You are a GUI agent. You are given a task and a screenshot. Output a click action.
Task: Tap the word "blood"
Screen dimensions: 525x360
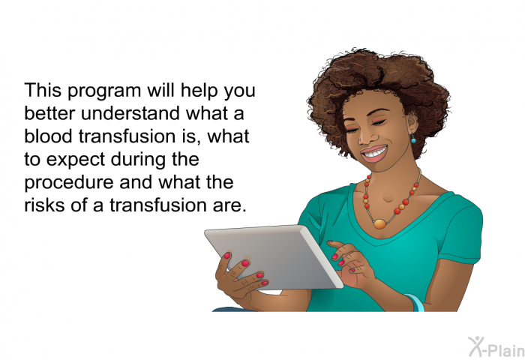(48, 136)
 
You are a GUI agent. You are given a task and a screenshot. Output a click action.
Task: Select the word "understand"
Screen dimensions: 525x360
(131, 113)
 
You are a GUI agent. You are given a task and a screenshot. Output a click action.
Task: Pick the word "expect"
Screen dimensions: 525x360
(76, 160)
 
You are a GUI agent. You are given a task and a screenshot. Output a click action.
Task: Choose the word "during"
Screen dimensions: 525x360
(138, 160)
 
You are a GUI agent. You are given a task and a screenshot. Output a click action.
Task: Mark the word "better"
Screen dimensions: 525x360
(49, 113)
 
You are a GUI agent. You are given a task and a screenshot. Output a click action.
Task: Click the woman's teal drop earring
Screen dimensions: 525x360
(413, 139)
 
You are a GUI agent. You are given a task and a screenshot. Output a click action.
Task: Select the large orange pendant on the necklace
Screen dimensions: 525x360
(379, 223)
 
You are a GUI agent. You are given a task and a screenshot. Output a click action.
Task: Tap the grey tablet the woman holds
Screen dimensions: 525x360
(274, 256)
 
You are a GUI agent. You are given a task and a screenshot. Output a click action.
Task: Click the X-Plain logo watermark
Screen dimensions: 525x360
(496, 347)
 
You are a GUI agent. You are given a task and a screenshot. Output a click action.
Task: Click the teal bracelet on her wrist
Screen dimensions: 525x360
(415, 303)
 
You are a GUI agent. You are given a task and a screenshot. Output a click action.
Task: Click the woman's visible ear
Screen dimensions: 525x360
(412, 123)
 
